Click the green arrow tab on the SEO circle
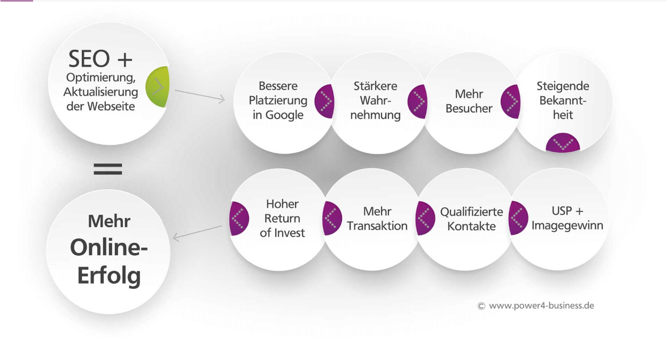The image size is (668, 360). (158, 87)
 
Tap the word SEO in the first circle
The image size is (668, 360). (89, 59)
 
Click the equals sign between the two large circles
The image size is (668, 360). (108, 169)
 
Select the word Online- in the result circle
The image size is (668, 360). (109, 247)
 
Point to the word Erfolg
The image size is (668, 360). (109, 276)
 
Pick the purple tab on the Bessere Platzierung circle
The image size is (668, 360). (324, 101)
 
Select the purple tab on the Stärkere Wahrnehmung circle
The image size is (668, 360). (417, 101)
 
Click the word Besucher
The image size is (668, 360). (469, 108)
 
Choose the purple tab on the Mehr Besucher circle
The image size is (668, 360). (510, 101)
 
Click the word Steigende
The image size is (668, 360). (563, 86)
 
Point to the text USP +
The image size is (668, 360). (567, 211)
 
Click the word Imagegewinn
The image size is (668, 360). (567, 225)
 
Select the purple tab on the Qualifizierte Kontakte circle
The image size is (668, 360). (425, 218)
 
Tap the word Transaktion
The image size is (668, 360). (377, 226)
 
